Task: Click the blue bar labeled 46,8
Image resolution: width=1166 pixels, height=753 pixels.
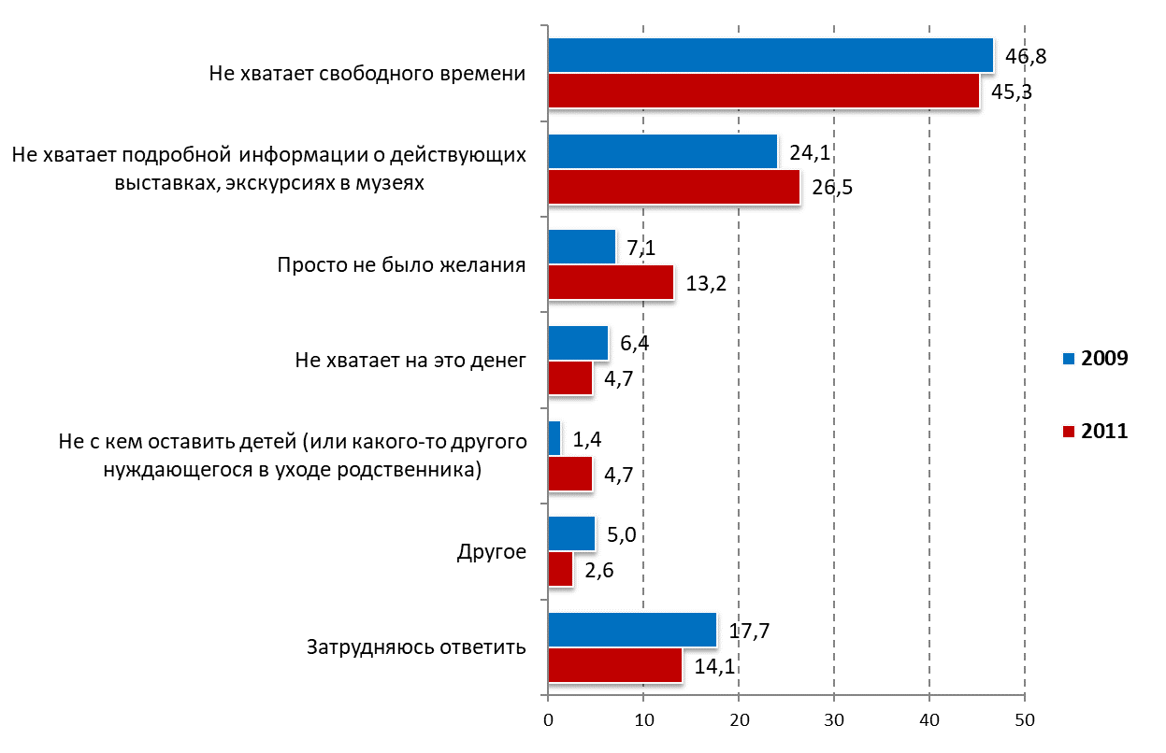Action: (770, 56)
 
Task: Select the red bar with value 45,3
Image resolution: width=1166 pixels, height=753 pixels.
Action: (764, 91)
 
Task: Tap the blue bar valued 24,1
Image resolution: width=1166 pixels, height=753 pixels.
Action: (663, 151)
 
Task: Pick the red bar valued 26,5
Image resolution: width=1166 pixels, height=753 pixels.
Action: (674, 187)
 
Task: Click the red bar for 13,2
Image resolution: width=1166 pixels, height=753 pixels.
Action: (612, 282)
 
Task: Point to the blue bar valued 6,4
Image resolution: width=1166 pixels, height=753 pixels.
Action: (578, 343)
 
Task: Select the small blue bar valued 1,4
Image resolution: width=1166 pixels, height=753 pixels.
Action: (554, 438)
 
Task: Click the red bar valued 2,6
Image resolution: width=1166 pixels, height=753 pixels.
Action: (561, 570)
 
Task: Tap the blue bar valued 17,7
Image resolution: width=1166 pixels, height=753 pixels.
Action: (632, 630)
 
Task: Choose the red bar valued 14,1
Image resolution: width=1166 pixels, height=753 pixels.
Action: (615, 665)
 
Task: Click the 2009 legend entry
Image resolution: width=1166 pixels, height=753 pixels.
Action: (1095, 359)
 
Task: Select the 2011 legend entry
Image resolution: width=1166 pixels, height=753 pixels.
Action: (1095, 431)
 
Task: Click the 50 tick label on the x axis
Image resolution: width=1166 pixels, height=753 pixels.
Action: (1025, 720)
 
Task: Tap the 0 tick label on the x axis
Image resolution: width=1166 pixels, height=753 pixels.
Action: (548, 720)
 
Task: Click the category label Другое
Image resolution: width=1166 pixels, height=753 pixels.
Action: (492, 552)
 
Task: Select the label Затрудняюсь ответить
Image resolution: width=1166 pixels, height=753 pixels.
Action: (416, 647)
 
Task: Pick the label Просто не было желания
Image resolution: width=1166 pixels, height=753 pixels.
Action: (401, 264)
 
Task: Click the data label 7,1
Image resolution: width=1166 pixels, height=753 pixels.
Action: (641, 249)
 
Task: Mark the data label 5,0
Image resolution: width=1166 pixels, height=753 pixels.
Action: (622, 535)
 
